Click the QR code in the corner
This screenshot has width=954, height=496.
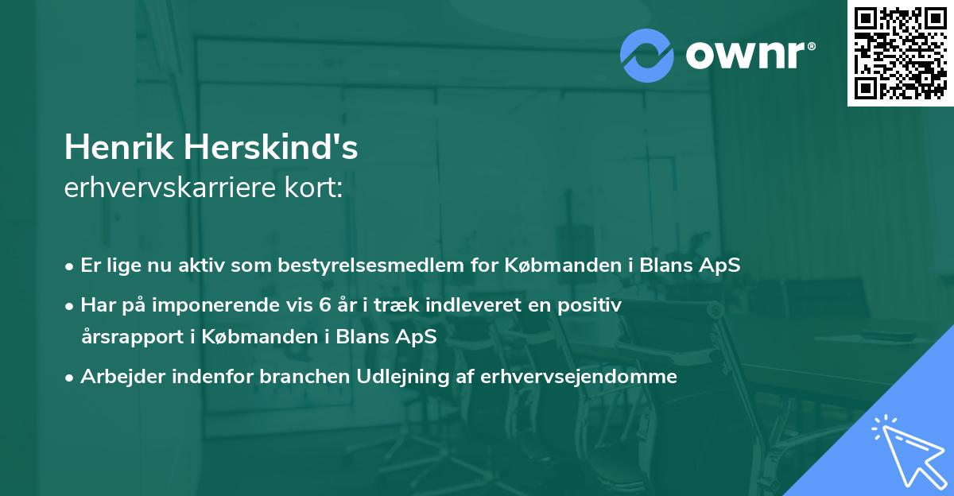click(900, 53)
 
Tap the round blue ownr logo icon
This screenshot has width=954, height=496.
click(646, 55)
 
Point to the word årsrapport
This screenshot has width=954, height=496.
click(129, 335)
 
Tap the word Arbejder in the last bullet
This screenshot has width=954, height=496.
click(114, 377)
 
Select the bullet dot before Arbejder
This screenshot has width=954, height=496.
click(70, 378)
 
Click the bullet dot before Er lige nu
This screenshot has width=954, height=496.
click(70, 266)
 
